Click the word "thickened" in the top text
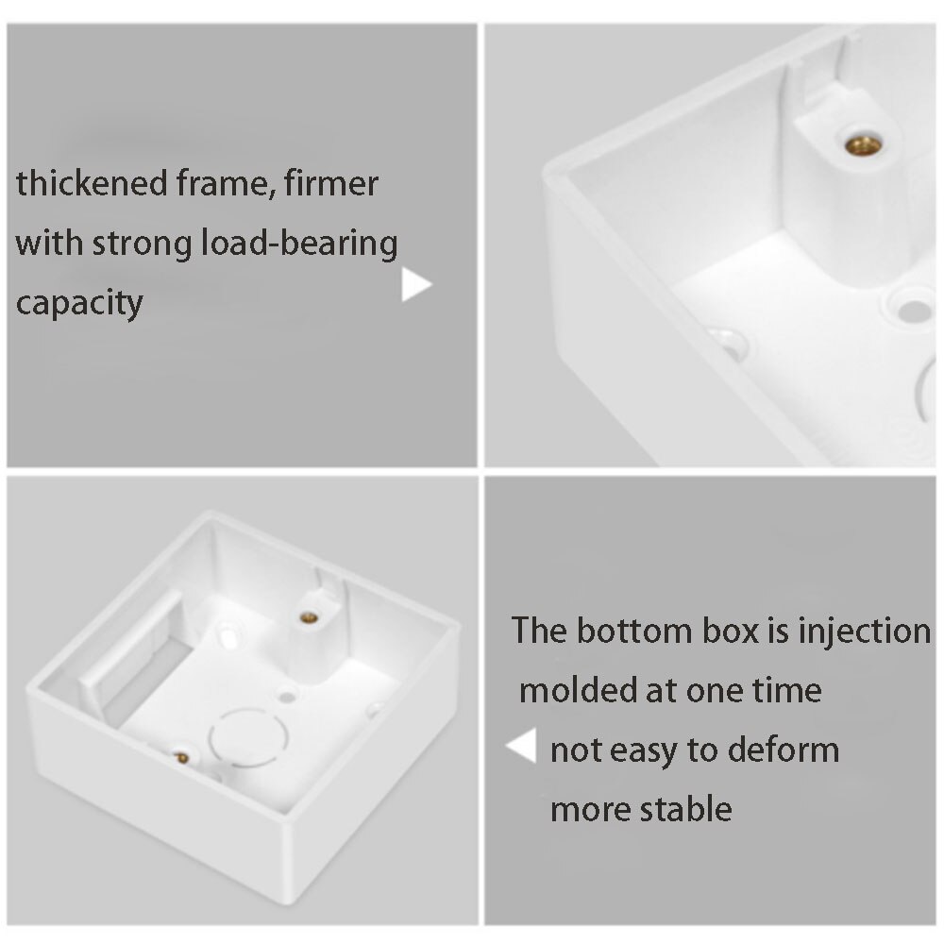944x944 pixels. [x=92, y=183]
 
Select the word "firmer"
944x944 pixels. [x=331, y=183]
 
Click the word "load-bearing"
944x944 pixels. [x=298, y=244]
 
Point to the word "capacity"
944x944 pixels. [x=79, y=303]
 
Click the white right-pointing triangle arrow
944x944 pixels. [x=416, y=284]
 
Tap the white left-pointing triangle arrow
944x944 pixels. [x=521, y=746]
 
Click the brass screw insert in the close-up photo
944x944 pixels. [x=863, y=145]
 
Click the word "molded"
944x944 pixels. [x=576, y=690]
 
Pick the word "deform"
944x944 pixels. [x=784, y=750]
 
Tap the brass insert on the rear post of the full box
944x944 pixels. [x=309, y=617]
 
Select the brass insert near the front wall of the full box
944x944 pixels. [x=182, y=757]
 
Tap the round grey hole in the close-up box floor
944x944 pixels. [x=914, y=311]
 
